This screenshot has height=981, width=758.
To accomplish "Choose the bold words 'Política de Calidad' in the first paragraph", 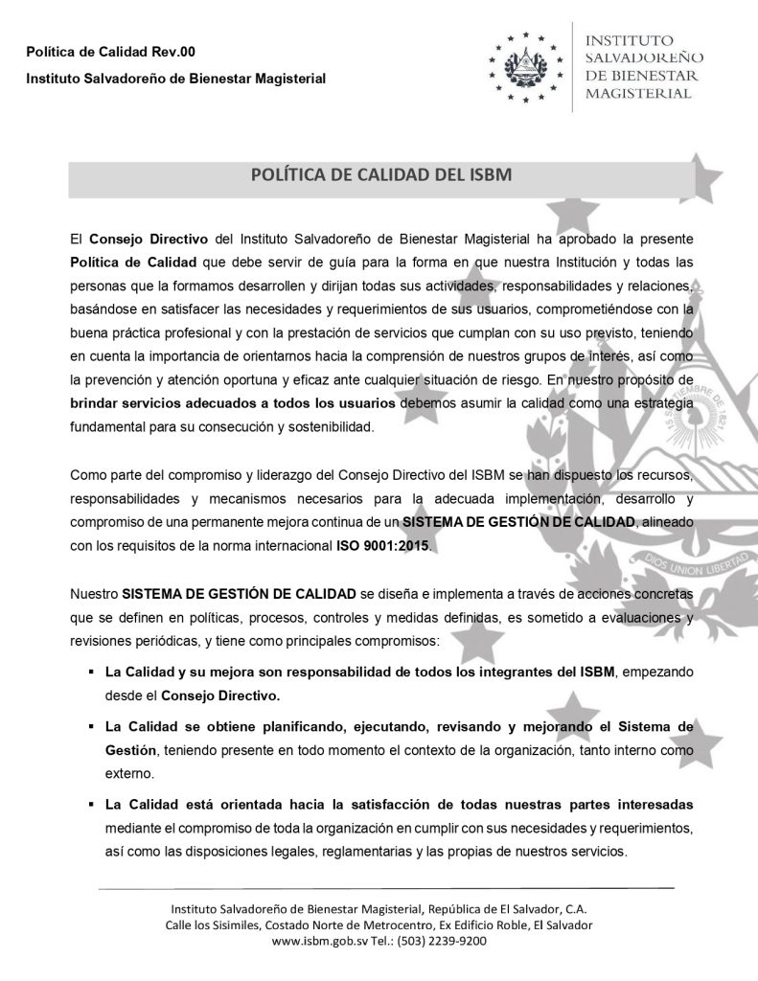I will (x=132, y=262).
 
